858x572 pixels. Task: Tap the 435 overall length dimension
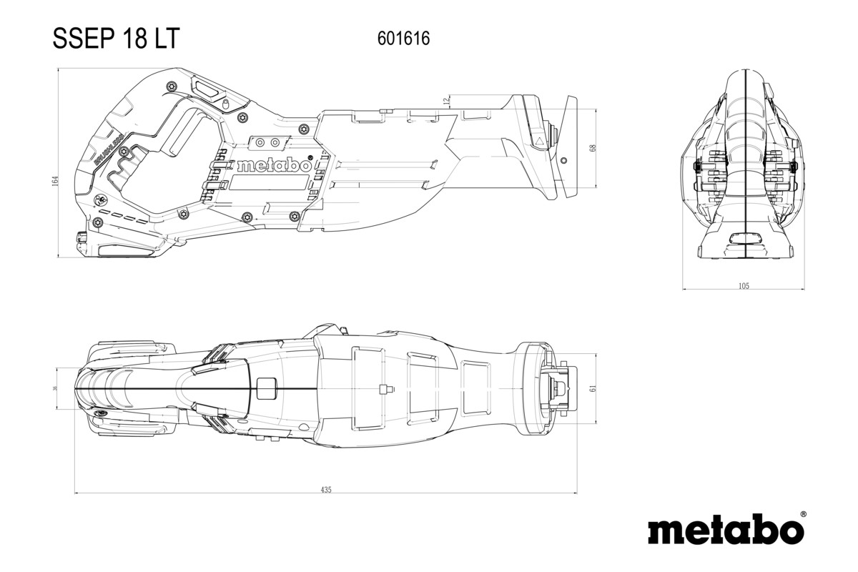tap(326, 490)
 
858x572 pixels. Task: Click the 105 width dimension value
tap(743, 286)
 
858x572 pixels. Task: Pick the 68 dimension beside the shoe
tap(592, 148)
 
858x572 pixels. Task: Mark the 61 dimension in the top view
tap(592, 388)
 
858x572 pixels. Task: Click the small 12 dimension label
tap(446, 101)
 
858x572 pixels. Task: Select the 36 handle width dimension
tap(56, 388)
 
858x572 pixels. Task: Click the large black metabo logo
tap(725, 531)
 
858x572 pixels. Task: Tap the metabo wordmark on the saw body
tap(273, 165)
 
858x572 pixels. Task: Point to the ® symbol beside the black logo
tap(803, 514)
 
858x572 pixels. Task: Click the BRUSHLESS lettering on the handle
tap(107, 147)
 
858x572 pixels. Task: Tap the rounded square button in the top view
tap(266, 388)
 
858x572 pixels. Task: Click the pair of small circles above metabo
tap(267, 142)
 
